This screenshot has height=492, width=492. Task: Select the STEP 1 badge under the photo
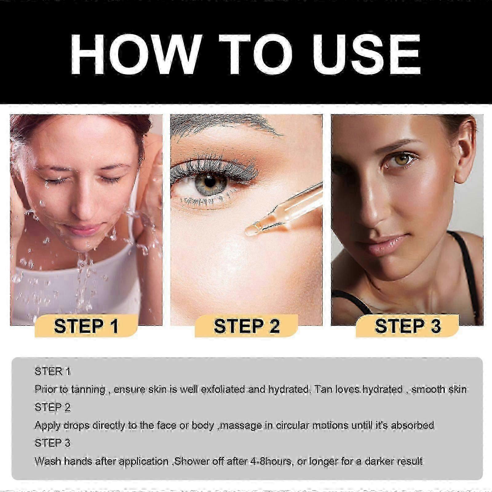pyautogui.click(x=86, y=326)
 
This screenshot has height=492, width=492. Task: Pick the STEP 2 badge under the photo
pyautogui.click(x=247, y=326)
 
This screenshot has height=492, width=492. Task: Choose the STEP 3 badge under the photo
pyautogui.click(x=407, y=326)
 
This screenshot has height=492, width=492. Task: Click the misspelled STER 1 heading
pyautogui.click(x=53, y=371)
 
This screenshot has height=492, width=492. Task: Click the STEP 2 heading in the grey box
pyautogui.click(x=53, y=407)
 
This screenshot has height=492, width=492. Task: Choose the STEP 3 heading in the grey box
pyautogui.click(x=53, y=443)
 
